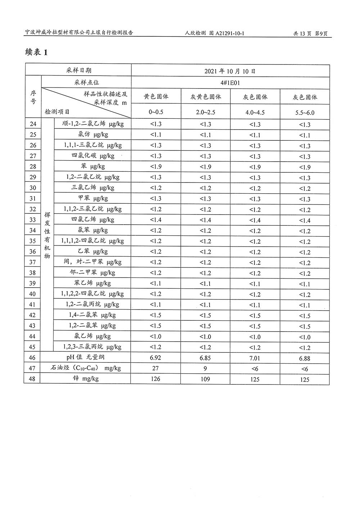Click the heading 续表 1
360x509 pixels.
pyautogui.click(x=36, y=52)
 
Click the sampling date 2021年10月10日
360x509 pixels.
pyautogui.click(x=230, y=71)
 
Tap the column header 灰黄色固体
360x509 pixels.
pyautogui.click(x=206, y=97)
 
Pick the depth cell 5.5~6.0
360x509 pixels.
pyautogui.click(x=305, y=113)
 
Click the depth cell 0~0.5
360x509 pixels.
pyautogui.click(x=156, y=112)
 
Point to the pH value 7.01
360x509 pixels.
pyautogui.click(x=255, y=358)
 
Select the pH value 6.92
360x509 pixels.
pyautogui.click(x=156, y=358)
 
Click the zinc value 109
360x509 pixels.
pyautogui.click(x=205, y=379)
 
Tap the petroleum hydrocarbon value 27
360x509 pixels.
pyautogui.click(x=156, y=368)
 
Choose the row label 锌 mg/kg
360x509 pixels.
pyautogui.click(x=86, y=379)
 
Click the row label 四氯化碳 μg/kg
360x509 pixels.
pyautogui.click(x=93, y=156)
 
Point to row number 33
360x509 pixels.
pyautogui.click(x=33, y=220)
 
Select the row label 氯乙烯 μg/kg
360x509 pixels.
pyautogui.click(x=92, y=336)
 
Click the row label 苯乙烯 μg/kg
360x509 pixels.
pyautogui.click(x=92, y=283)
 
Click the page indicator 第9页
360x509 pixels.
pyautogui.click(x=321, y=33)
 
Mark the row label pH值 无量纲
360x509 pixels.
pyautogui.click(x=85, y=357)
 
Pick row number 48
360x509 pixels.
pyautogui.click(x=32, y=379)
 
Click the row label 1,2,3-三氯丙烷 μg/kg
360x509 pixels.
pyautogui.click(x=92, y=347)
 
